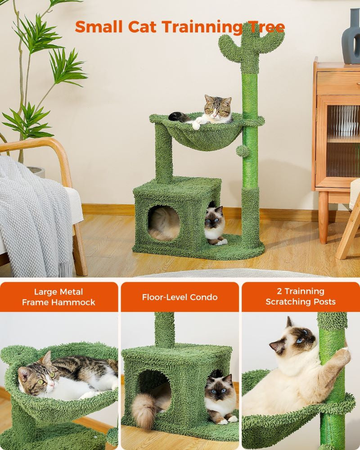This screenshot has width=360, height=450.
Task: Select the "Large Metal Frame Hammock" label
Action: (x=58, y=297)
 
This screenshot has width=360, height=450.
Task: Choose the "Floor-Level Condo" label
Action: (x=180, y=297)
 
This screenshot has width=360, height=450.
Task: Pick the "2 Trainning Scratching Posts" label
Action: (x=300, y=297)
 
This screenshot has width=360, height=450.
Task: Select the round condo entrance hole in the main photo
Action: (x=164, y=222)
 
